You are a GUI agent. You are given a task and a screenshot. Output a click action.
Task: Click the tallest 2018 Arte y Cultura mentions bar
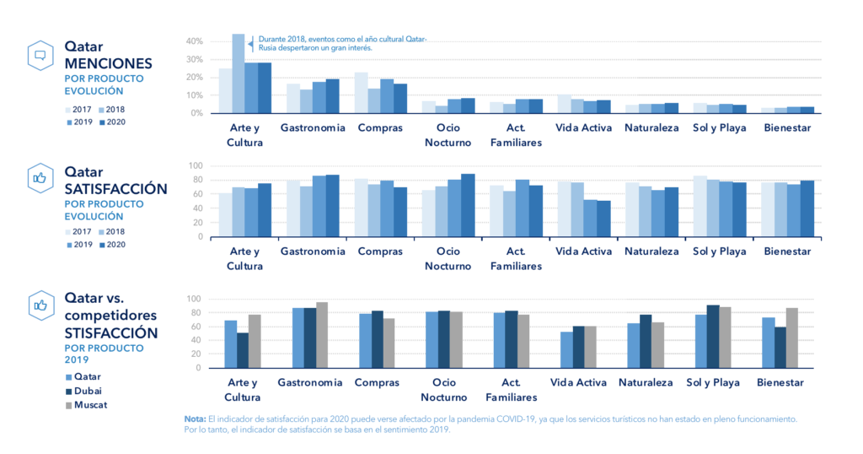click(239, 73)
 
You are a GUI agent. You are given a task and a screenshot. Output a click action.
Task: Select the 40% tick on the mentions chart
click(195, 41)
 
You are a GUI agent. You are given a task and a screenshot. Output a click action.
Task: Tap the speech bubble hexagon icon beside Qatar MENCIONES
click(40, 56)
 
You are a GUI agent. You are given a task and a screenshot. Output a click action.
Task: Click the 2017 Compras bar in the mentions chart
click(361, 93)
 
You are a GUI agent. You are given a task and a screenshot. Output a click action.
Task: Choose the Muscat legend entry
click(87, 405)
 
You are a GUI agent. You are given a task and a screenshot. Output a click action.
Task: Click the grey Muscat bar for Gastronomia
click(322, 335)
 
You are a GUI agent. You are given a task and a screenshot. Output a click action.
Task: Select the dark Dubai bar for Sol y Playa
click(713, 337)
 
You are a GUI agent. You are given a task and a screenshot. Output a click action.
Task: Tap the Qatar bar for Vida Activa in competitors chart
click(566, 350)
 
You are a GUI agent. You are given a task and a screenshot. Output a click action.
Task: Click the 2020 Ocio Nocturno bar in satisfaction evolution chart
click(468, 206)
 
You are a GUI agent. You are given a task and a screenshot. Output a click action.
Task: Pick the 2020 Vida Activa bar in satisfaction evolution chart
click(603, 219)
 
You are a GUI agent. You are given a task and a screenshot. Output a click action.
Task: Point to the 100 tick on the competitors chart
click(195, 300)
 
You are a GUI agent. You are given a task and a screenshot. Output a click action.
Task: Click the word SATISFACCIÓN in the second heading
click(115, 189)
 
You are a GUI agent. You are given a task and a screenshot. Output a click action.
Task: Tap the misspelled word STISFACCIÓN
click(111, 333)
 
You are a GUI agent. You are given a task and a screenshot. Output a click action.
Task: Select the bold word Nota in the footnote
click(195, 419)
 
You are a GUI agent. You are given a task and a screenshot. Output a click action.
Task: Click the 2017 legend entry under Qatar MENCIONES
click(78, 110)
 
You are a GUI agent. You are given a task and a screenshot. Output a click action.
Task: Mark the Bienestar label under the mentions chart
click(787, 127)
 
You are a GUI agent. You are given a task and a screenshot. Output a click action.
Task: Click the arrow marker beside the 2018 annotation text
click(251, 44)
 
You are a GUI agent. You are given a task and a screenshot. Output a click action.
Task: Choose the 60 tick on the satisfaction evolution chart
click(196, 194)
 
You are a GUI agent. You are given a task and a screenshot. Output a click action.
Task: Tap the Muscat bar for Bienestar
click(792, 338)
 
